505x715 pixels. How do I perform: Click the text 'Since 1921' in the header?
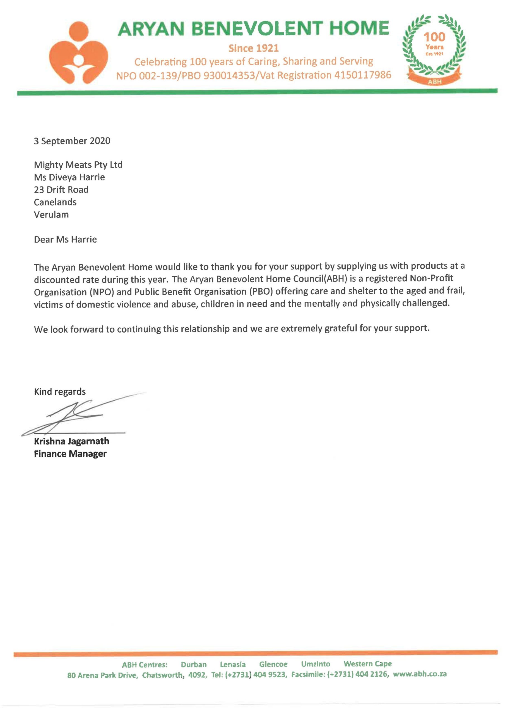(x=254, y=48)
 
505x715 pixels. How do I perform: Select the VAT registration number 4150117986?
(x=362, y=75)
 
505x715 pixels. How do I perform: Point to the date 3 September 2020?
(x=72, y=141)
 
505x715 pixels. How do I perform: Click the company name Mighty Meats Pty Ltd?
(x=78, y=165)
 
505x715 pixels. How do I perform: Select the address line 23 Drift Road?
(x=61, y=190)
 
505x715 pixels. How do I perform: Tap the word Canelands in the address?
(x=55, y=202)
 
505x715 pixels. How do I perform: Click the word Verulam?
(x=51, y=214)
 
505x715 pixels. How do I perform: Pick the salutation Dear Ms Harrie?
(x=65, y=239)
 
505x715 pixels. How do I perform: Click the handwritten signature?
(x=78, y=417)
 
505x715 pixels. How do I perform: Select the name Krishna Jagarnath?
(x=72, y=441)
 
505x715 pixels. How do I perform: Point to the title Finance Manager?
(x=70, y=454)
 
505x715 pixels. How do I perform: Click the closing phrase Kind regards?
(x=60, y=392)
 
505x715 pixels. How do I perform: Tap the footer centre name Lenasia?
(x=233, y=664)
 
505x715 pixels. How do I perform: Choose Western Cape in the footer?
(x=367, y=664)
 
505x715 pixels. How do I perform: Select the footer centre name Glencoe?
(x=273, y=664)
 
